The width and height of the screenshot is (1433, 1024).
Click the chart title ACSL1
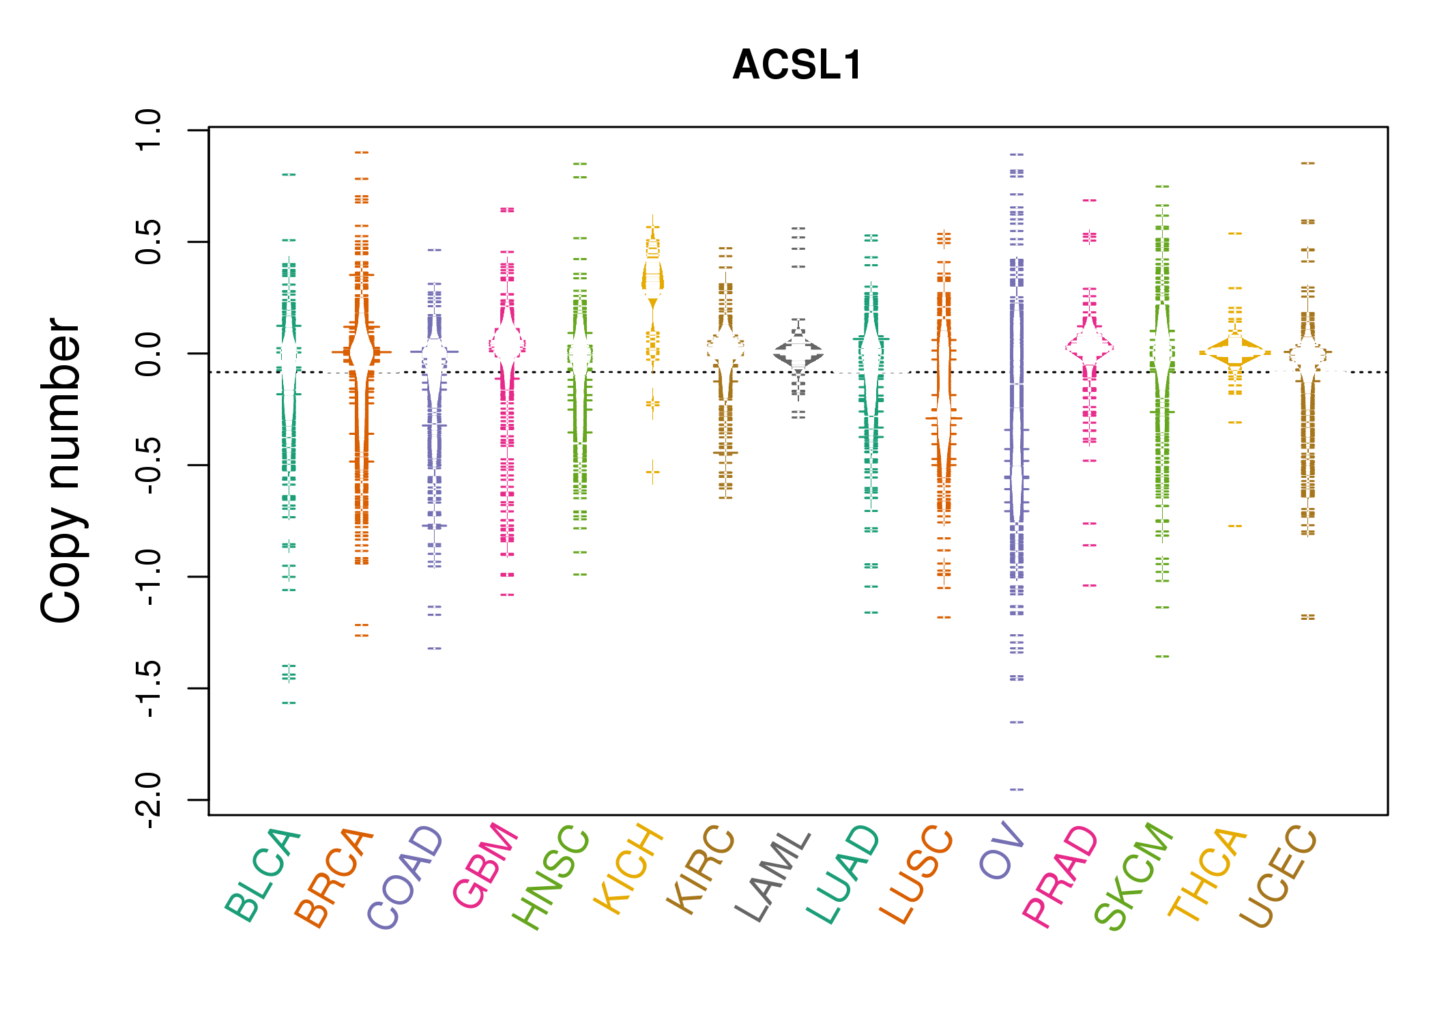[x=797, y=66]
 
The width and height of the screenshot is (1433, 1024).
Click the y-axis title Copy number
[x=61, y=470]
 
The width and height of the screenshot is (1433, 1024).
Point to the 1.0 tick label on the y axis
[x=149, y=130]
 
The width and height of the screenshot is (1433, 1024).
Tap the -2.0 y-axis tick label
[x=149, y=799]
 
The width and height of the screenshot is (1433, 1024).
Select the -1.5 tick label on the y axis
[x=149, y=688]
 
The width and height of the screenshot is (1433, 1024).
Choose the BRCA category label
[x=334, y=877]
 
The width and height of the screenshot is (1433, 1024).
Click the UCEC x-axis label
[x=1279, y=877]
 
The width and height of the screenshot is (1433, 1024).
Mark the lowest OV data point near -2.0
[x=1017, y=789]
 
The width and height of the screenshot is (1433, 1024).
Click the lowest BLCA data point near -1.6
[x=289, y=702]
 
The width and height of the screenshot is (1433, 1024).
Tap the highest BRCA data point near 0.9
[x=362, y=152]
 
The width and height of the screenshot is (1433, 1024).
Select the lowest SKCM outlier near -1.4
[x=1162, y=656]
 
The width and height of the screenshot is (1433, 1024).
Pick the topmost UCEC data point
[x=1307, y=163]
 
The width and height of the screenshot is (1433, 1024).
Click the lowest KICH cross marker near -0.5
[x=653, y=471]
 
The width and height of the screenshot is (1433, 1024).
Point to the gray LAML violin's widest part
[x=798, y=353]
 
